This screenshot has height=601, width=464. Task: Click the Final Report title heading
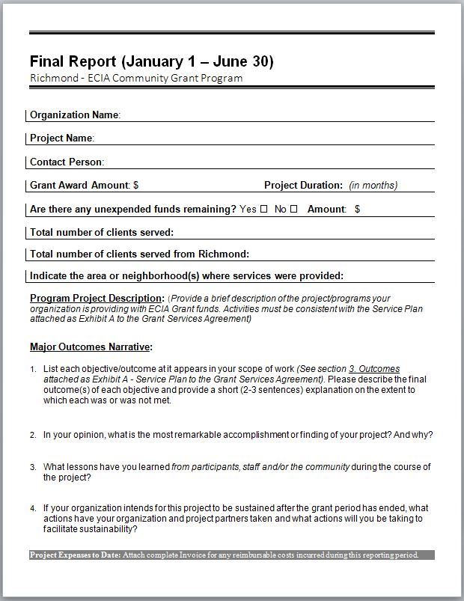click(151, 61)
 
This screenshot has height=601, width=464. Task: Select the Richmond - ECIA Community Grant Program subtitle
click(136, 78)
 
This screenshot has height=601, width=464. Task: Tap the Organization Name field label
click(74, 115)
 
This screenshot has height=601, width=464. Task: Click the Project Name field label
click(61, 138)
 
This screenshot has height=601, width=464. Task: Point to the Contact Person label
click(66, 162)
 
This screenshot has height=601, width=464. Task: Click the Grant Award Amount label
click(80, 185)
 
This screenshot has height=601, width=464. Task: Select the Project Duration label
click(303, 185)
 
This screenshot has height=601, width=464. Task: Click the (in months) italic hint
click(373, 186)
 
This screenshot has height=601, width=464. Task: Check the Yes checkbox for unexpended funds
click(263, 209)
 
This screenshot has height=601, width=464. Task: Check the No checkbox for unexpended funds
click(293, 209)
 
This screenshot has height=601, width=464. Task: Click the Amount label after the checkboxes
click(326, 209)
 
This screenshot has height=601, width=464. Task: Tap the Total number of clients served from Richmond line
click(139, 254)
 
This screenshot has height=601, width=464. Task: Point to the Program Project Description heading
click(97, 298)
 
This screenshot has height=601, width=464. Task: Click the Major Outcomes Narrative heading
click(91, 347)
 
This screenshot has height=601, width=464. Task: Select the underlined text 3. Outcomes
click(374, 369)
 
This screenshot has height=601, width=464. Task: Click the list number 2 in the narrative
click(33, 435)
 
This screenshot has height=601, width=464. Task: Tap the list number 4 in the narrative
click(33, 508)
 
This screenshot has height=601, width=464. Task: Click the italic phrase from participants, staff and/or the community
click(260, 467)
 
